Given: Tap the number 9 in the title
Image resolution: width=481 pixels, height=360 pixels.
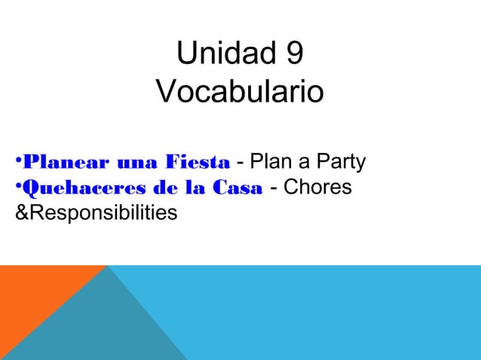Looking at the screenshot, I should tap(295, 55).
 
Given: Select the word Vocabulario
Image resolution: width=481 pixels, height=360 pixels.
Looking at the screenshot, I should tap(240, 93).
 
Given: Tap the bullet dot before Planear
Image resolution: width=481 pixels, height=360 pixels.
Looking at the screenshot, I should tap(19, 160).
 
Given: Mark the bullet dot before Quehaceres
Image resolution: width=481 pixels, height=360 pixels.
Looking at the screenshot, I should tap(19, 185).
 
